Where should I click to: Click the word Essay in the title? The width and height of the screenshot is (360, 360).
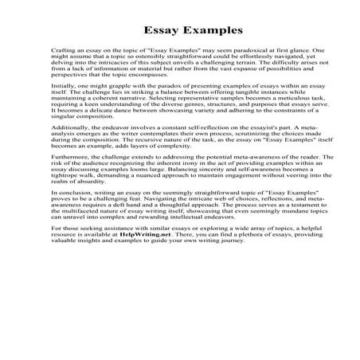coord(156,33)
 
